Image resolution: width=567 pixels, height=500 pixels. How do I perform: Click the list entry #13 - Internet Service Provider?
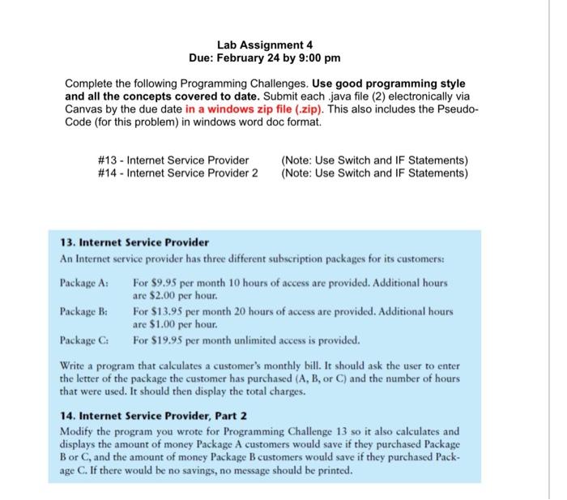pos(173,160)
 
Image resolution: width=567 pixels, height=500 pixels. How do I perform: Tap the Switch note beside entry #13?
pos(374,160)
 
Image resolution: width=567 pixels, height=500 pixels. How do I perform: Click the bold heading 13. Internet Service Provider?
pos(134,242)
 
